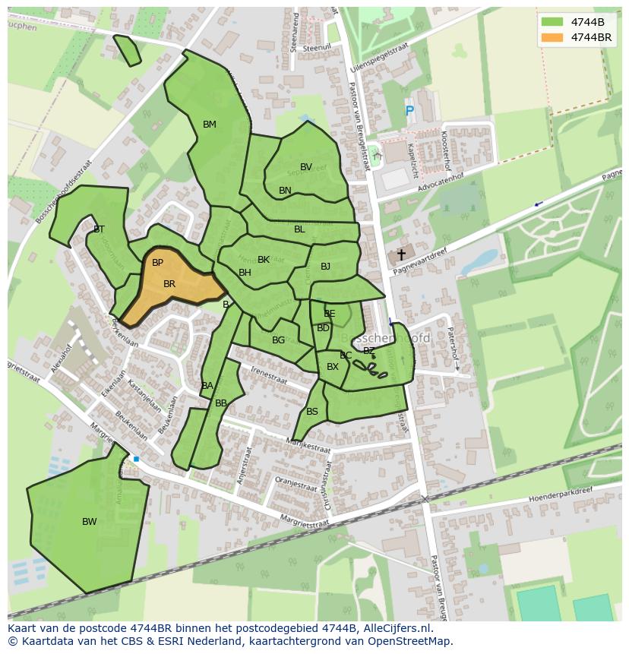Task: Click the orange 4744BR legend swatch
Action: [553, 37]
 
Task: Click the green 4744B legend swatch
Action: [553, 22]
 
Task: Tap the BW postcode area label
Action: [90, 522]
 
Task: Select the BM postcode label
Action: [210, 125]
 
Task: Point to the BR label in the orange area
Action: [169, 284]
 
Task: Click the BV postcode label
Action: [306, 167]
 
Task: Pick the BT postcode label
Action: [99, 229]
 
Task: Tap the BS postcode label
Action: [312, 412]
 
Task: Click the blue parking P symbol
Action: [409, 112]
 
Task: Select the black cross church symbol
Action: [401, 255]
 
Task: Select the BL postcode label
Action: [299, 229]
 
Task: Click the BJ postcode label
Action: [325, 267]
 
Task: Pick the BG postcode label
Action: [278, 340]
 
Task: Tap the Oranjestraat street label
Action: [296, 484]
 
